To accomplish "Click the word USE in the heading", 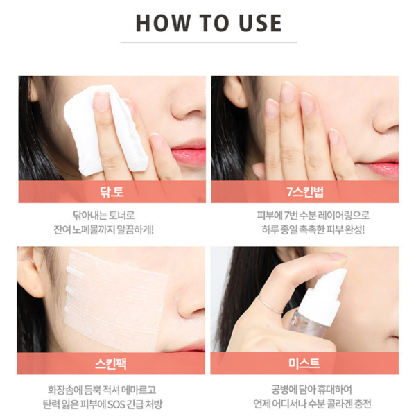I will tap(257, 22).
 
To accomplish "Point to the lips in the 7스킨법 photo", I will tap(379, 166).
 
